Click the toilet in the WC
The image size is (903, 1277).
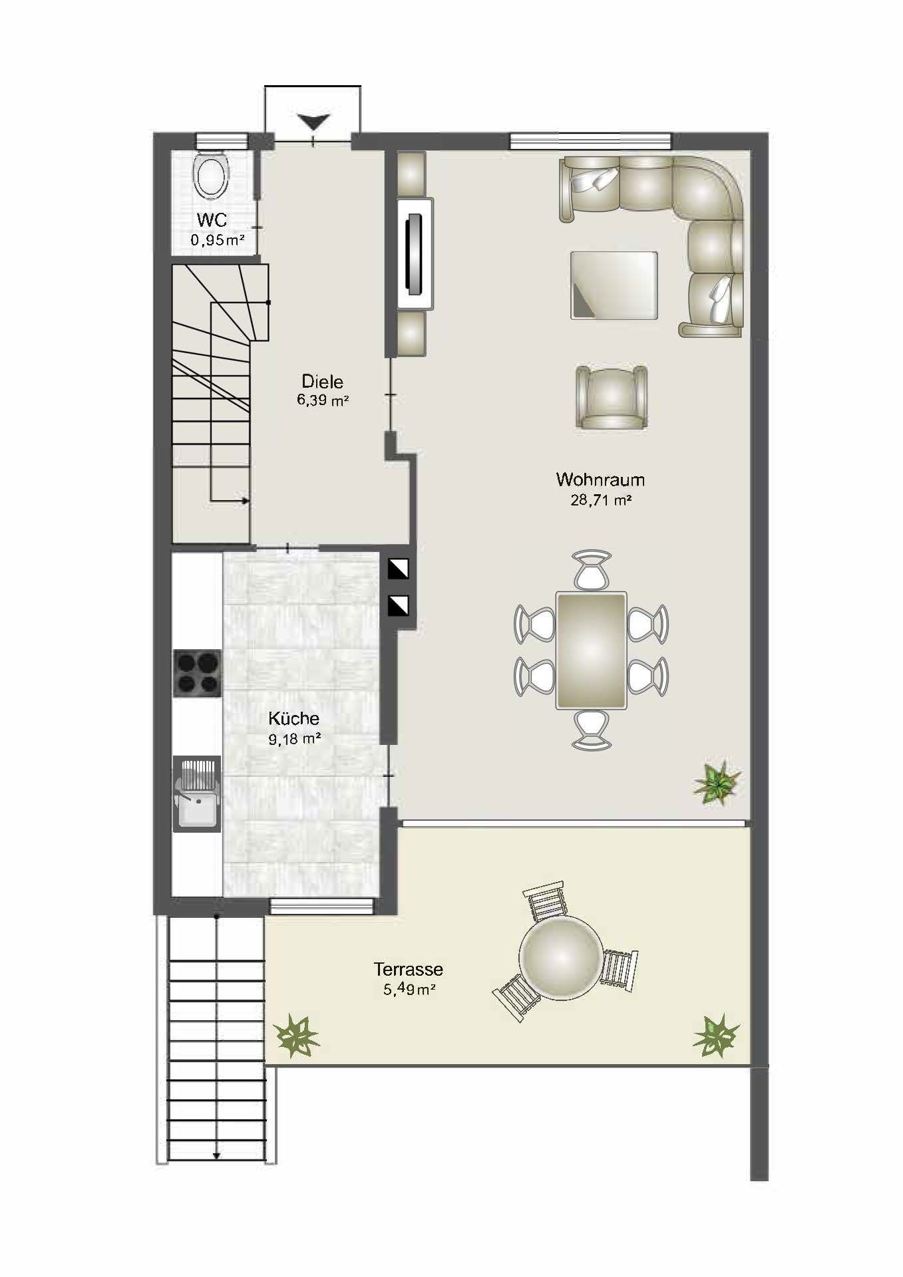click(x=211, y=175)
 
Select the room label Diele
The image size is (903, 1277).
click(x=323, y=382)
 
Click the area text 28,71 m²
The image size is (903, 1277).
click(x=601, y=500)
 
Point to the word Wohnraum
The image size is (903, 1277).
click(x=600, y=480)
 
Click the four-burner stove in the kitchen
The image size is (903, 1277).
click(x=197, y=673)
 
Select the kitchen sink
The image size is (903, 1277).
click(x=197, y=793)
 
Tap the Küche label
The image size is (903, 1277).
click(x=293, y=718)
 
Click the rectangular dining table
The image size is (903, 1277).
click(x=592, y=650)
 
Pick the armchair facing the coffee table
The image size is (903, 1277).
click(x=612, y=398)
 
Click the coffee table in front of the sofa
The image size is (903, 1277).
click(x=614, y=285)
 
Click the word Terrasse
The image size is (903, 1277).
click(x=409, y=970)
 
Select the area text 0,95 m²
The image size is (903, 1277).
click(x=218, y=240)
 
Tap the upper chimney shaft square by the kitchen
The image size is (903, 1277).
click(x=399, y=569)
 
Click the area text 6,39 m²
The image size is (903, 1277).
click(x=323, y=400)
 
